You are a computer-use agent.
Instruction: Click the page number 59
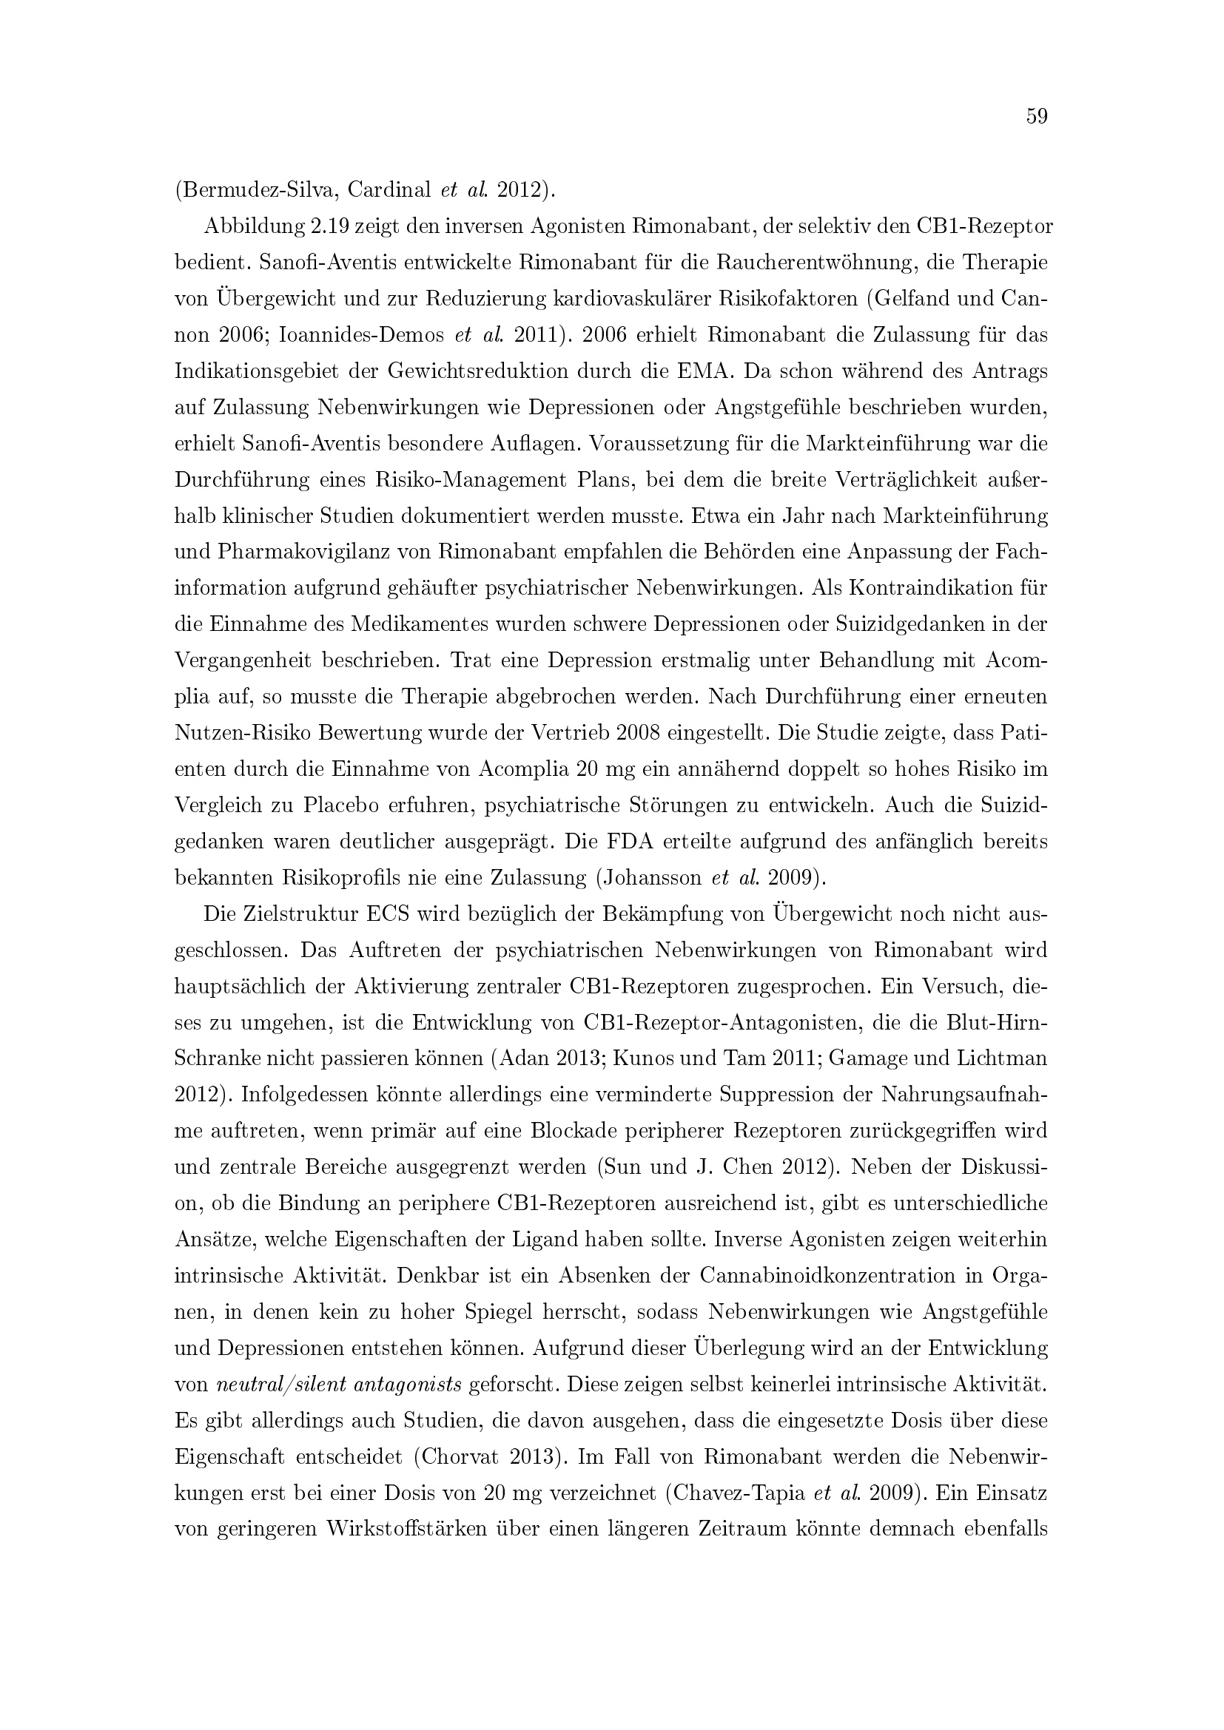(1037, 117)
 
